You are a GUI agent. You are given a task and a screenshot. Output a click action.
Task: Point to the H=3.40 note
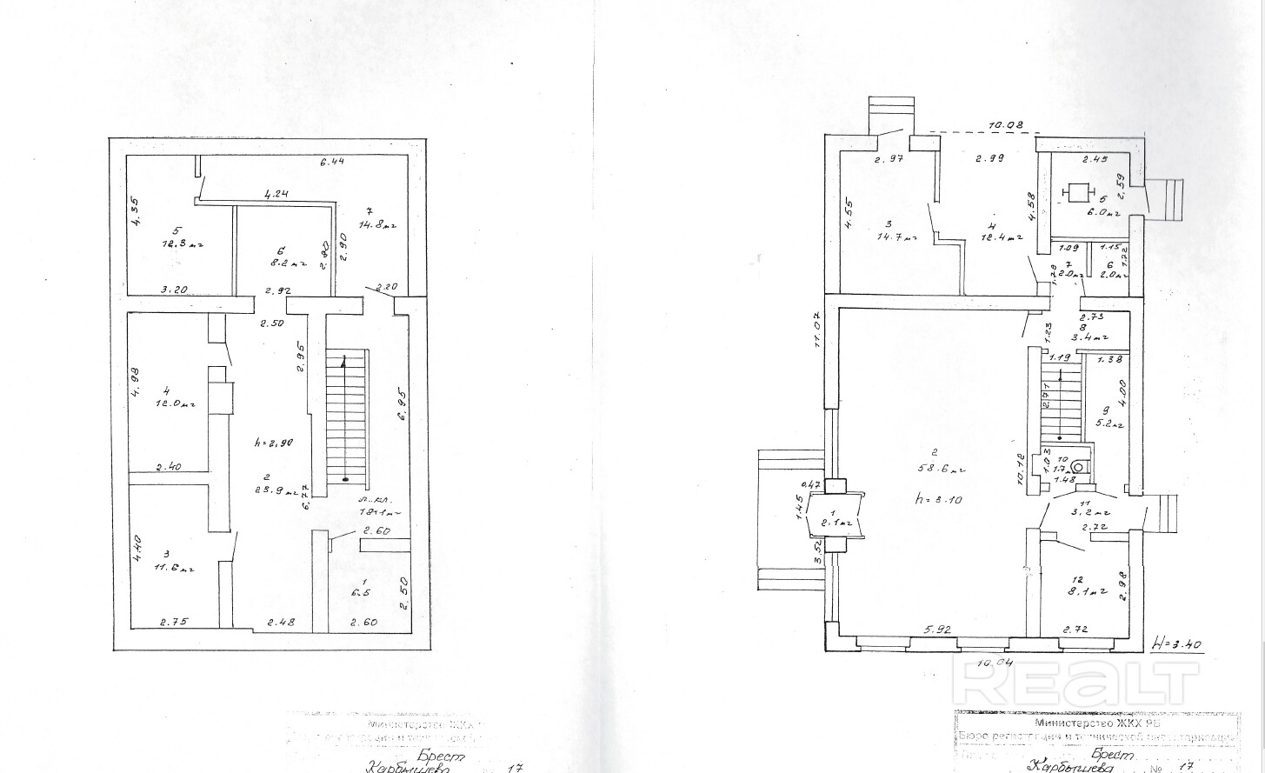[1176, 644]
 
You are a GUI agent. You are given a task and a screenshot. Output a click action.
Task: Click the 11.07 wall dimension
[818, 330]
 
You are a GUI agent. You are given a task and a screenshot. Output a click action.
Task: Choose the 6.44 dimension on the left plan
[332, 162]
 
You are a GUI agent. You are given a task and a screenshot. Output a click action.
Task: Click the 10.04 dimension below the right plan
[994, 663]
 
